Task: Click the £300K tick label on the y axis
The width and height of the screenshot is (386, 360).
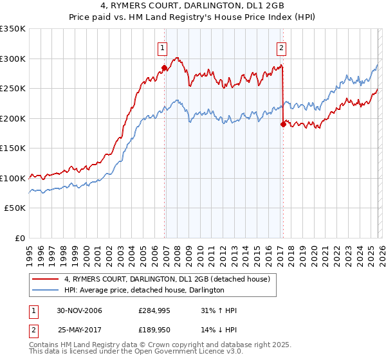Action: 13,59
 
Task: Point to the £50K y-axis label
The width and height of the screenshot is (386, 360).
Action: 15,208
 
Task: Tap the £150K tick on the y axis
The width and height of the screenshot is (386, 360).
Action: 13,148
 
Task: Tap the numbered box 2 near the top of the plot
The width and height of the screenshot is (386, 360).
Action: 282,47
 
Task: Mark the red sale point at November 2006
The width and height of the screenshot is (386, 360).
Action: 165,67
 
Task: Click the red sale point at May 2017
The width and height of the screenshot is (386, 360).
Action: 283,125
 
